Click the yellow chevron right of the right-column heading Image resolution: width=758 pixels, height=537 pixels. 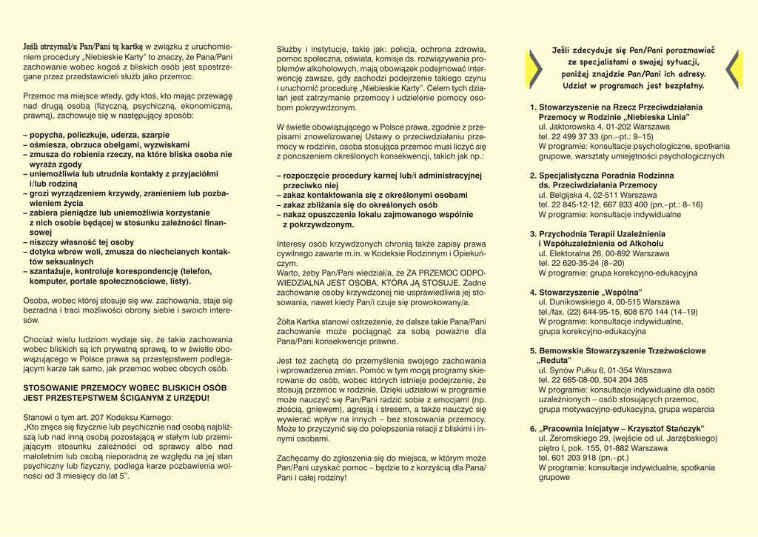pos(733,69)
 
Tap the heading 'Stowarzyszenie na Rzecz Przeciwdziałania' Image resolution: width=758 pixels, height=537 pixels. pos(620,107)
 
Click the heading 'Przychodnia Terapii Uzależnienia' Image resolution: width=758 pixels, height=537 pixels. pos(602,234)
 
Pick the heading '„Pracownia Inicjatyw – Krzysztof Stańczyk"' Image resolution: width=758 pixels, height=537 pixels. pos(621,429)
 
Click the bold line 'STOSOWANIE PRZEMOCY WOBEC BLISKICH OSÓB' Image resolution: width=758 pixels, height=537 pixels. pos(125,387)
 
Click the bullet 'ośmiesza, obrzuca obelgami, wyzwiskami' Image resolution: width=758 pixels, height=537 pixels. pos(109,145)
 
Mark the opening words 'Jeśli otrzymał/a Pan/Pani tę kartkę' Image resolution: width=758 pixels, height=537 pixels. pos(83,47)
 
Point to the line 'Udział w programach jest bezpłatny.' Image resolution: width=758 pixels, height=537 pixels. pos(633,86)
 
